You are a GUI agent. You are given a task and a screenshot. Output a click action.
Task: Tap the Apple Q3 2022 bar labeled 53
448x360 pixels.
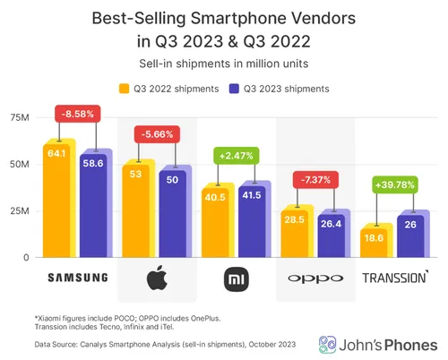[x=136, y=211]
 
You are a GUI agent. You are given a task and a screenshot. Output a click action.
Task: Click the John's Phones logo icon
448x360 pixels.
[x=329, y=344]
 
